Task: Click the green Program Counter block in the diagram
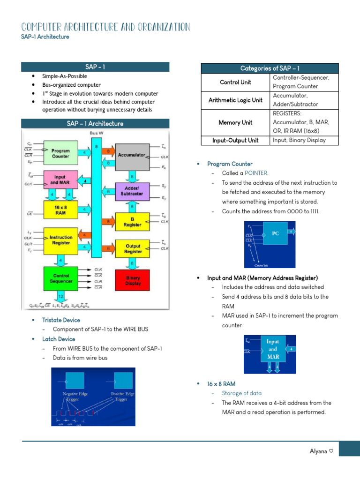click(61, 153)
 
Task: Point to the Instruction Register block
click(61, 240)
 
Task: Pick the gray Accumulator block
click(132, 155)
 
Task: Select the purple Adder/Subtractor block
click(132, 190)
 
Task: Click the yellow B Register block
click(132, 222)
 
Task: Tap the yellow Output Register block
click(133, 248)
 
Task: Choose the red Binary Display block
click(133, 280)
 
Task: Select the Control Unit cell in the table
click(235, 82)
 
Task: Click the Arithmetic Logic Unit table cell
click(235, 100)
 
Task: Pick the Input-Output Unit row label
click(235, 140)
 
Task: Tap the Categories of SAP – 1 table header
click(270, 68)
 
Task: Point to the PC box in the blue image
click(275, 233)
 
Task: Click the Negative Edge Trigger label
click(75, 397)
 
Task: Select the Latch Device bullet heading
click(58, 339)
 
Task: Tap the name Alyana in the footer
click(318, 451)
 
